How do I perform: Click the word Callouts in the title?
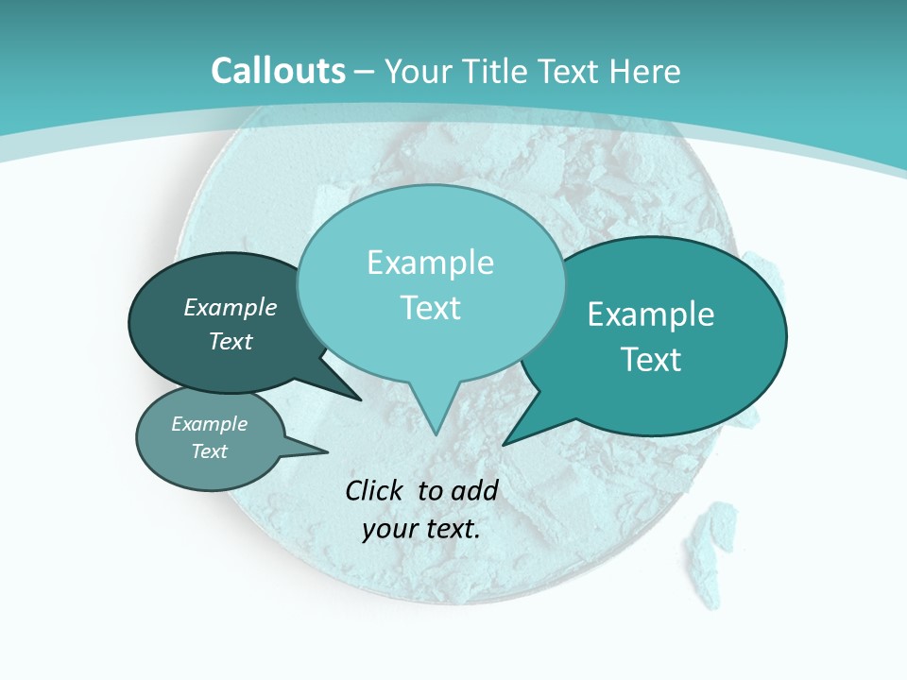click(278, 71)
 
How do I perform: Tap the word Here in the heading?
click(647, 71)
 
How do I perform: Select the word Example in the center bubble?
click(430, 263)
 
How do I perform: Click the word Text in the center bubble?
click(430, 308)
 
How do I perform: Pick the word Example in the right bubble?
click(651, 314)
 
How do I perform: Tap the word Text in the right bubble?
click(651, 360)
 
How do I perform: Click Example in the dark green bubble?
click(231, 308)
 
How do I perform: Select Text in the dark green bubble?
click(231, 342)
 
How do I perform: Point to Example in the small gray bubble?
click(210, 424)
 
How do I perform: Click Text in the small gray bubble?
click(210, 451)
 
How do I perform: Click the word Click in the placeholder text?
click(375, 490)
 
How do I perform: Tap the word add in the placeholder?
click(474, 490)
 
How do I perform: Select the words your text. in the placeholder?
click(421, 529)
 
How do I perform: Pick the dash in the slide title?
click(365, 72)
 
